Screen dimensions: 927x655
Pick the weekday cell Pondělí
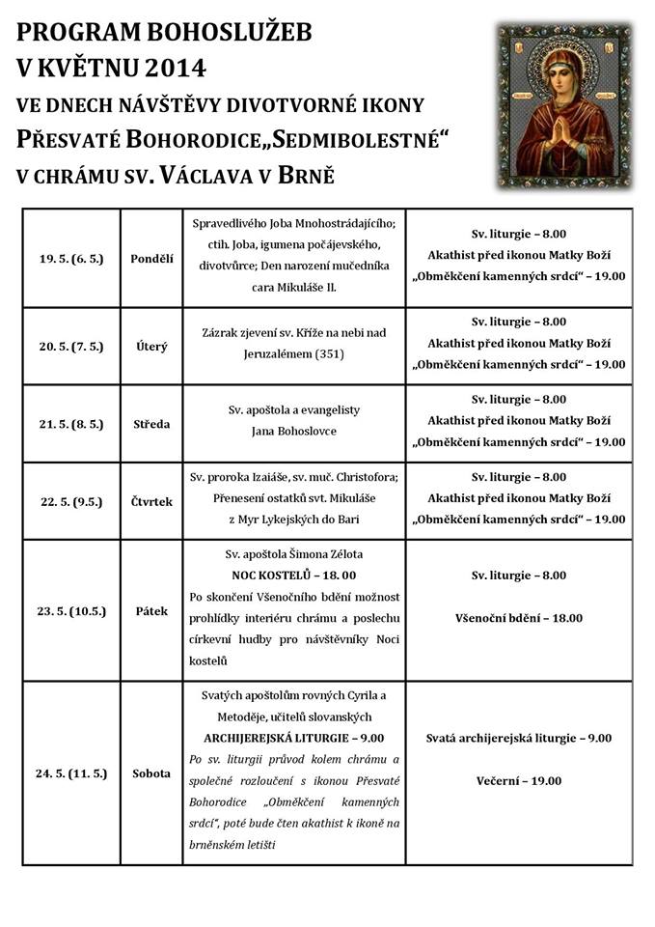tap(151, 259)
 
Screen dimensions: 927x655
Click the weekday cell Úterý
tap(151, 346)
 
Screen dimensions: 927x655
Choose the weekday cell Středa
tap(151, 423)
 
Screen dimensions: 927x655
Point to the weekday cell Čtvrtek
tap(151, 500)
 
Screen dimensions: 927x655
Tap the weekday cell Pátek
tap(151, 610)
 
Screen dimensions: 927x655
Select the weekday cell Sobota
tap(151, 772)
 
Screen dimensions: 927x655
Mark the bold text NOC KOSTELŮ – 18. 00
tap(294, 576)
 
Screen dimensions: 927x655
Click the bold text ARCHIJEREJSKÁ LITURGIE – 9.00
tap(294, 738)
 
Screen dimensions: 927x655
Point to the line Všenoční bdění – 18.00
tap(519, 618)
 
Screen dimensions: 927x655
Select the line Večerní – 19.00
tap(519, 780)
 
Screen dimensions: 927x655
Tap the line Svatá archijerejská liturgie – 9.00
tap(519, 738)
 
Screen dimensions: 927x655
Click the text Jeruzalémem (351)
tap(294, 353)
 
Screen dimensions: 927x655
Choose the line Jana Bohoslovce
tap(294, 431)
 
